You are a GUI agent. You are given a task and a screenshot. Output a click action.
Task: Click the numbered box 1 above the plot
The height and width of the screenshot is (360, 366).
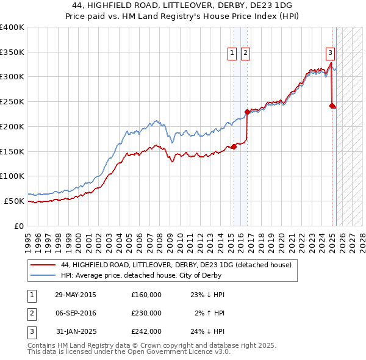click(232, 54)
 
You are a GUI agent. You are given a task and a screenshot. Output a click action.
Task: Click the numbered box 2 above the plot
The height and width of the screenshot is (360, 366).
click(245, 54)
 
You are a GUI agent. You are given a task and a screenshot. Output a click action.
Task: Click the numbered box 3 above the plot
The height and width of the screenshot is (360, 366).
click(330, 52)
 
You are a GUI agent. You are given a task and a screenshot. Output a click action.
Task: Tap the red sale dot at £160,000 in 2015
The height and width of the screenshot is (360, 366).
click(234, 146)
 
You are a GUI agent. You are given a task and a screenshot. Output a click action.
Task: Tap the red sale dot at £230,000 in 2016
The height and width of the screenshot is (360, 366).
click(247, 112)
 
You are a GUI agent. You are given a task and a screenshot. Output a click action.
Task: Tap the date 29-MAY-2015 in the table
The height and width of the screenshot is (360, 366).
click(76, 295)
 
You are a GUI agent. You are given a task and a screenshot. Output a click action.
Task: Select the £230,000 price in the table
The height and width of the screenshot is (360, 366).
click(146, 313)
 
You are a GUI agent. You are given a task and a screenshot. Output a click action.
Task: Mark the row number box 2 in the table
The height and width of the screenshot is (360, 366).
click(30, 313)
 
